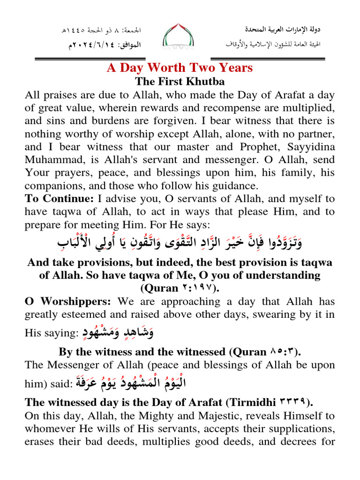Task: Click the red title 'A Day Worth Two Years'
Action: point(180,67)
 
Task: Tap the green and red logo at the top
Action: point(180,37)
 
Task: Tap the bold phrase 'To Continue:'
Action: point(52,199)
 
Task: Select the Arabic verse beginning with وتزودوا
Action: point(180,243)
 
